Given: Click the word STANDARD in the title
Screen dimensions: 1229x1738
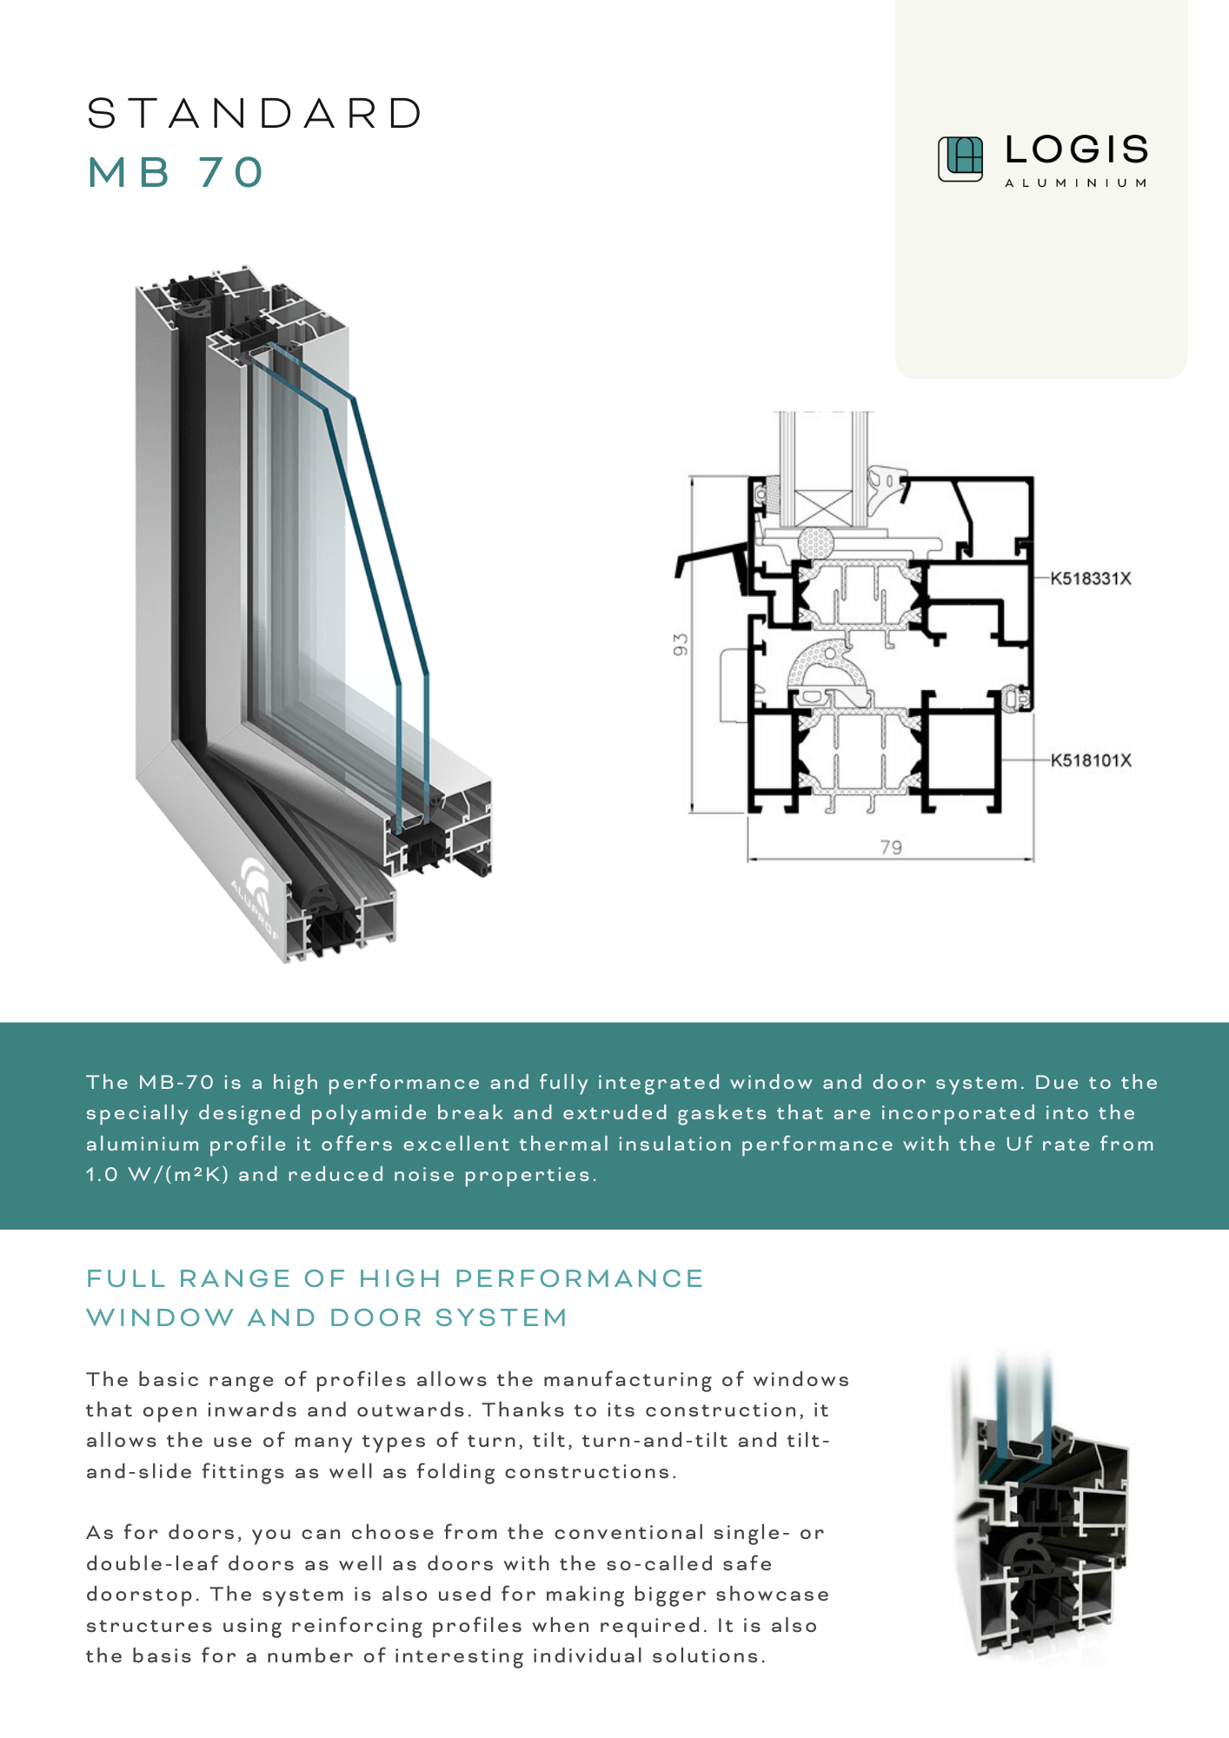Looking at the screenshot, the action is coord(255,114).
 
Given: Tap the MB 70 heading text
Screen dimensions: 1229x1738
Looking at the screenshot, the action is coord(175,172).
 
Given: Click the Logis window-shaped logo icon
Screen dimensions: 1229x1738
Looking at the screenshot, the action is coord(960,159).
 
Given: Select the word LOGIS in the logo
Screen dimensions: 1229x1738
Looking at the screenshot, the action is coord(1077,149).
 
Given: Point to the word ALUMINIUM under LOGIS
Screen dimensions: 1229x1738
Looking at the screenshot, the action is coord(1076,183).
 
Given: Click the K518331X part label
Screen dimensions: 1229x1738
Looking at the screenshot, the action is coord(1091,579).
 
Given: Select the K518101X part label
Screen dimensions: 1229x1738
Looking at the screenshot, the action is coord(1091,760).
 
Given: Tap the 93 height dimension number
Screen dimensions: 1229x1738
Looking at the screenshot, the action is coord(681,645).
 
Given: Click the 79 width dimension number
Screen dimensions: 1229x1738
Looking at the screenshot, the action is coord(891,847).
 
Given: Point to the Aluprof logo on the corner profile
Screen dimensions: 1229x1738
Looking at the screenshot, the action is coord(259,895).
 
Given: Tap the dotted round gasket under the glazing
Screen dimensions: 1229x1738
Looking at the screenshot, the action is coord(816,543).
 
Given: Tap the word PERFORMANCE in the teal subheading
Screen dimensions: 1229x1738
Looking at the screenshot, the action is coord(579,1278).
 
